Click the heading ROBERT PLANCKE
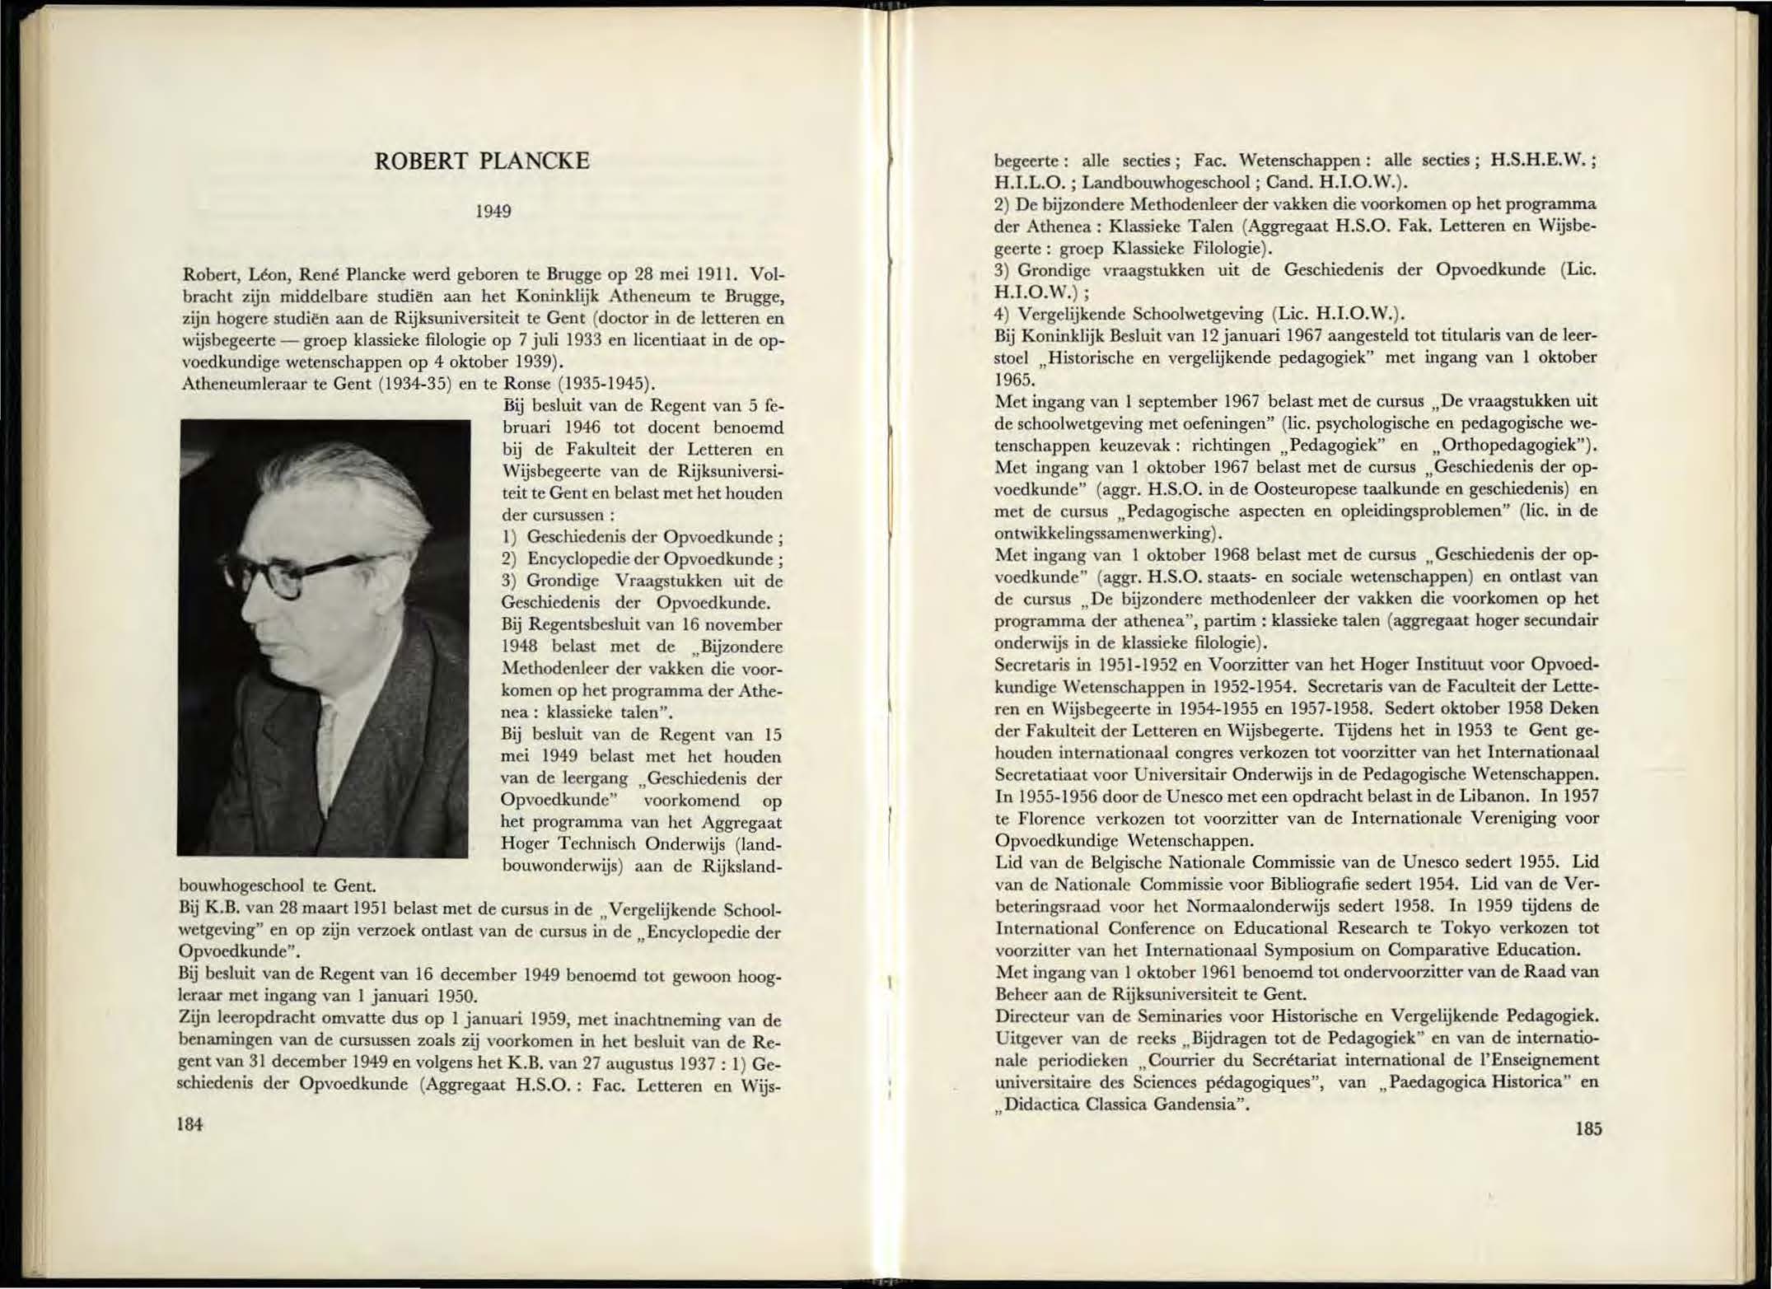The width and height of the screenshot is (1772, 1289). [482, 161]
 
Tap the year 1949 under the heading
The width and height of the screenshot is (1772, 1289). [493, 212]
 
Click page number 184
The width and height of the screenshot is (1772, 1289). [190, 1124]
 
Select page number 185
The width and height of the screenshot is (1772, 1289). [1588, 1128]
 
